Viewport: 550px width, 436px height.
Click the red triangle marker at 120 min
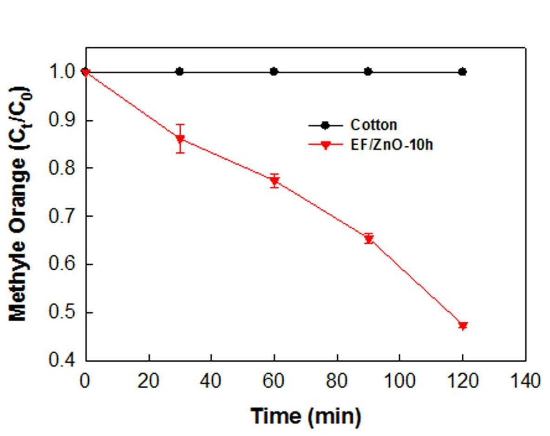463,325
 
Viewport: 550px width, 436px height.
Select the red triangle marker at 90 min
369,239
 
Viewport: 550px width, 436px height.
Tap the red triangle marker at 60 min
275,181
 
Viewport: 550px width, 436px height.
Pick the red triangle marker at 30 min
180,139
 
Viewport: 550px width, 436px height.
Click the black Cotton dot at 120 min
463,72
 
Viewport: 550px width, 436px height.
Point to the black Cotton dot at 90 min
368,72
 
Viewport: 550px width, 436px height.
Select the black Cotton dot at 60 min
274,72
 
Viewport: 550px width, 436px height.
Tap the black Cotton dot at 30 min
180,72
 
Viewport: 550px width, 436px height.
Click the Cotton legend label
374,125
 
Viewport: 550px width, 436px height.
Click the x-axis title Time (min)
306,416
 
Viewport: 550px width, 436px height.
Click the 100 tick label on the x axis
400,381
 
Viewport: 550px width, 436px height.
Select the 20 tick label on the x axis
148,381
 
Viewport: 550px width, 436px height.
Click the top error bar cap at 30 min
180,124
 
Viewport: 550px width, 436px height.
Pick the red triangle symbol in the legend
326,145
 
